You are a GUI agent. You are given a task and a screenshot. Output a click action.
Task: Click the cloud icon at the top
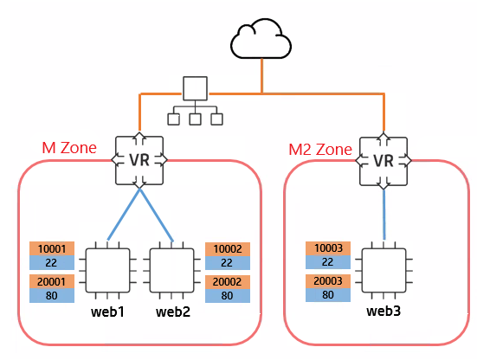pyautogui.click(x=261, y=39)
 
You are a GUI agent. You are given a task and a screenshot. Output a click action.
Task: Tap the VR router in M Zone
pyautogui.click(x=139, y=160)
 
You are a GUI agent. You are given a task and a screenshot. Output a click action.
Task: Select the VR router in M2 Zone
pyautogui.click(x=384, y=161)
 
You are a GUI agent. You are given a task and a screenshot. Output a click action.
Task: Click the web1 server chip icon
pyautogui.click(x=107, y=270)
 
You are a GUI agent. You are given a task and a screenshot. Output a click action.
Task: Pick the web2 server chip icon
pyautogui.click(x=172, y=270)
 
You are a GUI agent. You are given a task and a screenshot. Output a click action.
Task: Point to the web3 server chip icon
pyautogui.click(x=384, y=270)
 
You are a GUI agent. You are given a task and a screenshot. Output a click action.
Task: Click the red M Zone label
pyautogui.click(x=69, y=148)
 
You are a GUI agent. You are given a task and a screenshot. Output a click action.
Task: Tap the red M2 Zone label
pyautogui.click(x=320, y=150)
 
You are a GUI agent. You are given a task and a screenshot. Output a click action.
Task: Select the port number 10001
pyautogui.click(x=52, y=249)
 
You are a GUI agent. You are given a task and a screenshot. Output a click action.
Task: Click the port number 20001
pyautogui.click(x=51, y=282)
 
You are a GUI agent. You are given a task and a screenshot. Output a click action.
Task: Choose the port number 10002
pyautogui.click(x=228, y=249)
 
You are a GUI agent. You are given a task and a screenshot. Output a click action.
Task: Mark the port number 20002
pyautogui.click(x=227, y=282)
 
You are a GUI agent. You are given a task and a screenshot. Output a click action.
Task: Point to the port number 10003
pyautogui.click(x=329, y=248)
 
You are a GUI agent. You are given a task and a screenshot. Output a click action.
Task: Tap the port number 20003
pyautogui.click(x=328, y=281)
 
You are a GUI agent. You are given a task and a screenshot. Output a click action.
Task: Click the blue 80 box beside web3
pyautogui.click(x=328, y=294)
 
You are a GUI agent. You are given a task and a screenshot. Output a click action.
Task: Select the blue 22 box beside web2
pyautogui.click(x=228, y=263)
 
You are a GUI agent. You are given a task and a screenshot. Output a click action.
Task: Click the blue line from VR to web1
pyautogui.click(x=124, y=214)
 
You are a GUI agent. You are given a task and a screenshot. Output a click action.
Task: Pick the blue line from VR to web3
pyautogui.click(x=384, y=215)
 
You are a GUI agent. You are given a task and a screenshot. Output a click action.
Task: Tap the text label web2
pyautogui.click(x=173, y=312)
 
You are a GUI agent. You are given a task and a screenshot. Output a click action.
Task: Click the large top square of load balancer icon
pyautogui.click(x=196, y=88)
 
